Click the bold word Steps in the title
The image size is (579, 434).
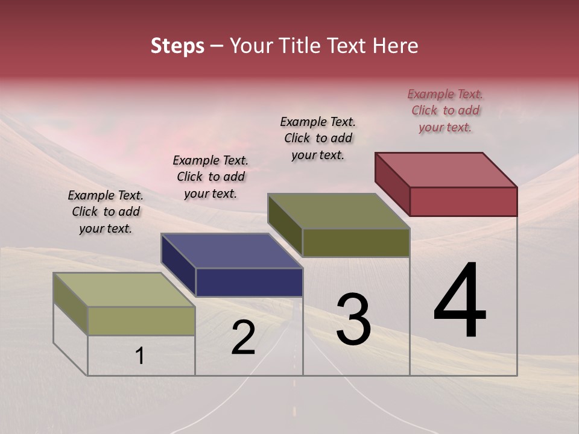(x=177, y=46)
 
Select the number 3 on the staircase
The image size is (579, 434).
(x=353, y=319)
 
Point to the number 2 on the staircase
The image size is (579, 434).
(x=243, y=338)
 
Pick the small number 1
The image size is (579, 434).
(x=140, y=356)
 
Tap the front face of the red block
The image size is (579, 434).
(x=463, y=201)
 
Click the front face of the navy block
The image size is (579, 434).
(x=249, y=282)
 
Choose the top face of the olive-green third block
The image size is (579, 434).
(x=339, y=211)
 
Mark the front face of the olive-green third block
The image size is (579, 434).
(x=356, y=242)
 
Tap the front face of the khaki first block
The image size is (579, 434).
(x=141, y=321)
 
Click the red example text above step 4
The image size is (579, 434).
(x=445, y=110)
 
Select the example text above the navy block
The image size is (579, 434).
(x=210, y=177)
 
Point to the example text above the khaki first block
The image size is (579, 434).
(x=106, y=212)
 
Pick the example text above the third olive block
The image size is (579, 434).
(x=318, y=138)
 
